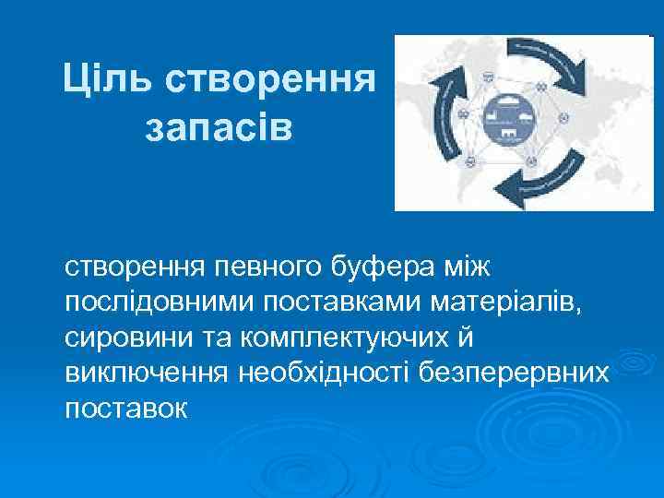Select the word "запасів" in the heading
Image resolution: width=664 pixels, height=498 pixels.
click(219, 126)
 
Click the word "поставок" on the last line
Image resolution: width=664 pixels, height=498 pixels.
click(125, 407)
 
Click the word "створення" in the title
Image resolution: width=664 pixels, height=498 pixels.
click(271, 80)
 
